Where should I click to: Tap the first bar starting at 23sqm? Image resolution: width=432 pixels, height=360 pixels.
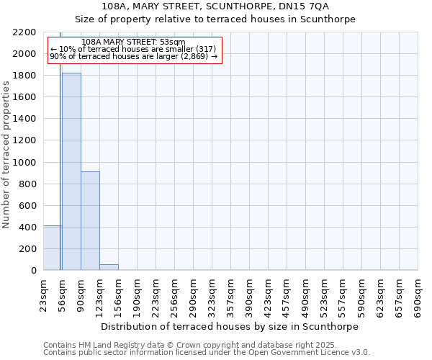click(x=52, y=248)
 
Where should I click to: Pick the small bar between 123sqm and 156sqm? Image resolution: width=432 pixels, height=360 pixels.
click(x=109, y=267)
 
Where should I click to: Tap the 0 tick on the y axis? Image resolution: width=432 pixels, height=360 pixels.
click(x=34, y=271)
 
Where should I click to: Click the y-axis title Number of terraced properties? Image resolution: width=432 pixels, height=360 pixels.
click(x=6, y=155)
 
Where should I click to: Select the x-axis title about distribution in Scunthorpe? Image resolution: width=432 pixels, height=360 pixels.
click(x=230, y=326)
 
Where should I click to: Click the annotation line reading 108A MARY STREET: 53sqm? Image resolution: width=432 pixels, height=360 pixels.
click(x=133, y=42)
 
